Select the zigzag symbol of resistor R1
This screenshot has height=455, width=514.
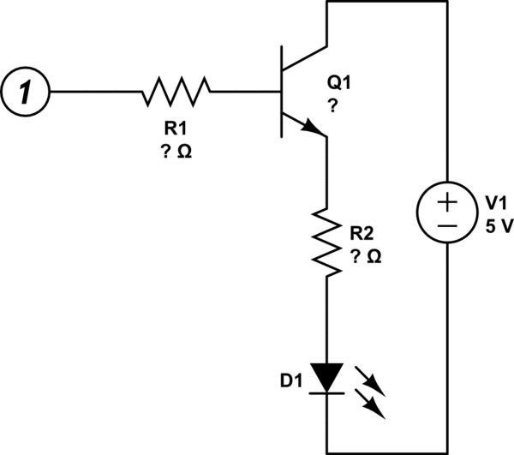(x=176, y=90)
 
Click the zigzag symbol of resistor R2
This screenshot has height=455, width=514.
(x=326, y=241)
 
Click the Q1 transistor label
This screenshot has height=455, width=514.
(x=338, y=84)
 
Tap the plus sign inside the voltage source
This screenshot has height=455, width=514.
(x=446, y=202)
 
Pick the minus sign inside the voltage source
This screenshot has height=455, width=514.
(x=446, y=225)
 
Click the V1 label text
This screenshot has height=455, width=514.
(x=496, y=203)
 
